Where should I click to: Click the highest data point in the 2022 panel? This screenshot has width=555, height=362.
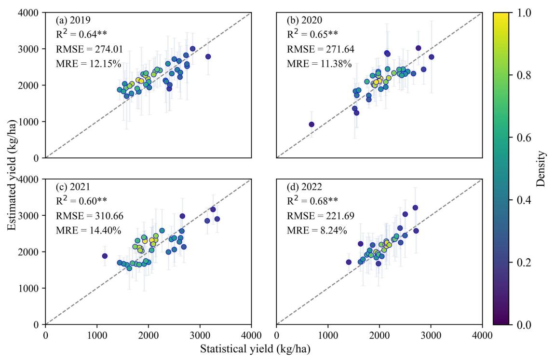(415, 208)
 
